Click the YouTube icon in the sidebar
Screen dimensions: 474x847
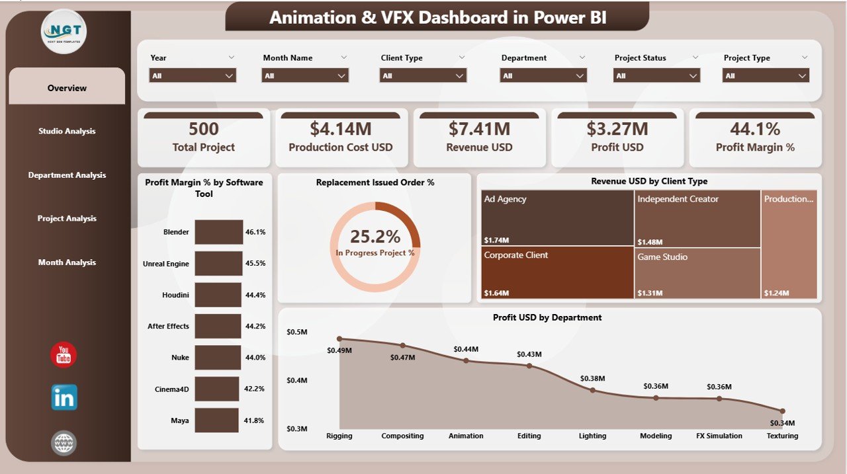click(x=64, y=355)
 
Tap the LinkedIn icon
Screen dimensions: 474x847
click(x=64, y=397)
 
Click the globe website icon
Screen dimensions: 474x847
click(x=64, y=442)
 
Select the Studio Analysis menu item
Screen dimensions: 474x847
click(x=67, y=131)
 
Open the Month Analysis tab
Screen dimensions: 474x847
click(x=67, y=262)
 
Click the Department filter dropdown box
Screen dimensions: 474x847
click(x=543, y=76)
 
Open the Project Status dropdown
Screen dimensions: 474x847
click(x=656, y=76)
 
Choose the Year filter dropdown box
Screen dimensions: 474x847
click(x=193, y=76)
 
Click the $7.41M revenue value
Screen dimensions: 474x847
click(x=479, y=128)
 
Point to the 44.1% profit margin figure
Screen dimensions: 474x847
click(x=755, y=128)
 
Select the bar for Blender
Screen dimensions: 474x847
click(x=219, y=232)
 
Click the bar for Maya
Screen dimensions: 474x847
click(x=216, y=420)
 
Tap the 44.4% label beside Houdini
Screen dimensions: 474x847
click(x=255, y=295)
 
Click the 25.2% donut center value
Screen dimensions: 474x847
click(x=375, y=237)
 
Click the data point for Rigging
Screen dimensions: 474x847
click(x=339, y=338)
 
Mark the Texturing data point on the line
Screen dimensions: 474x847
click(x=782, y=411)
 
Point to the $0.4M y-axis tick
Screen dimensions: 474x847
click(x=296, y=380)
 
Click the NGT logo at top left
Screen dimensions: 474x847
click(x=64, y=31)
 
